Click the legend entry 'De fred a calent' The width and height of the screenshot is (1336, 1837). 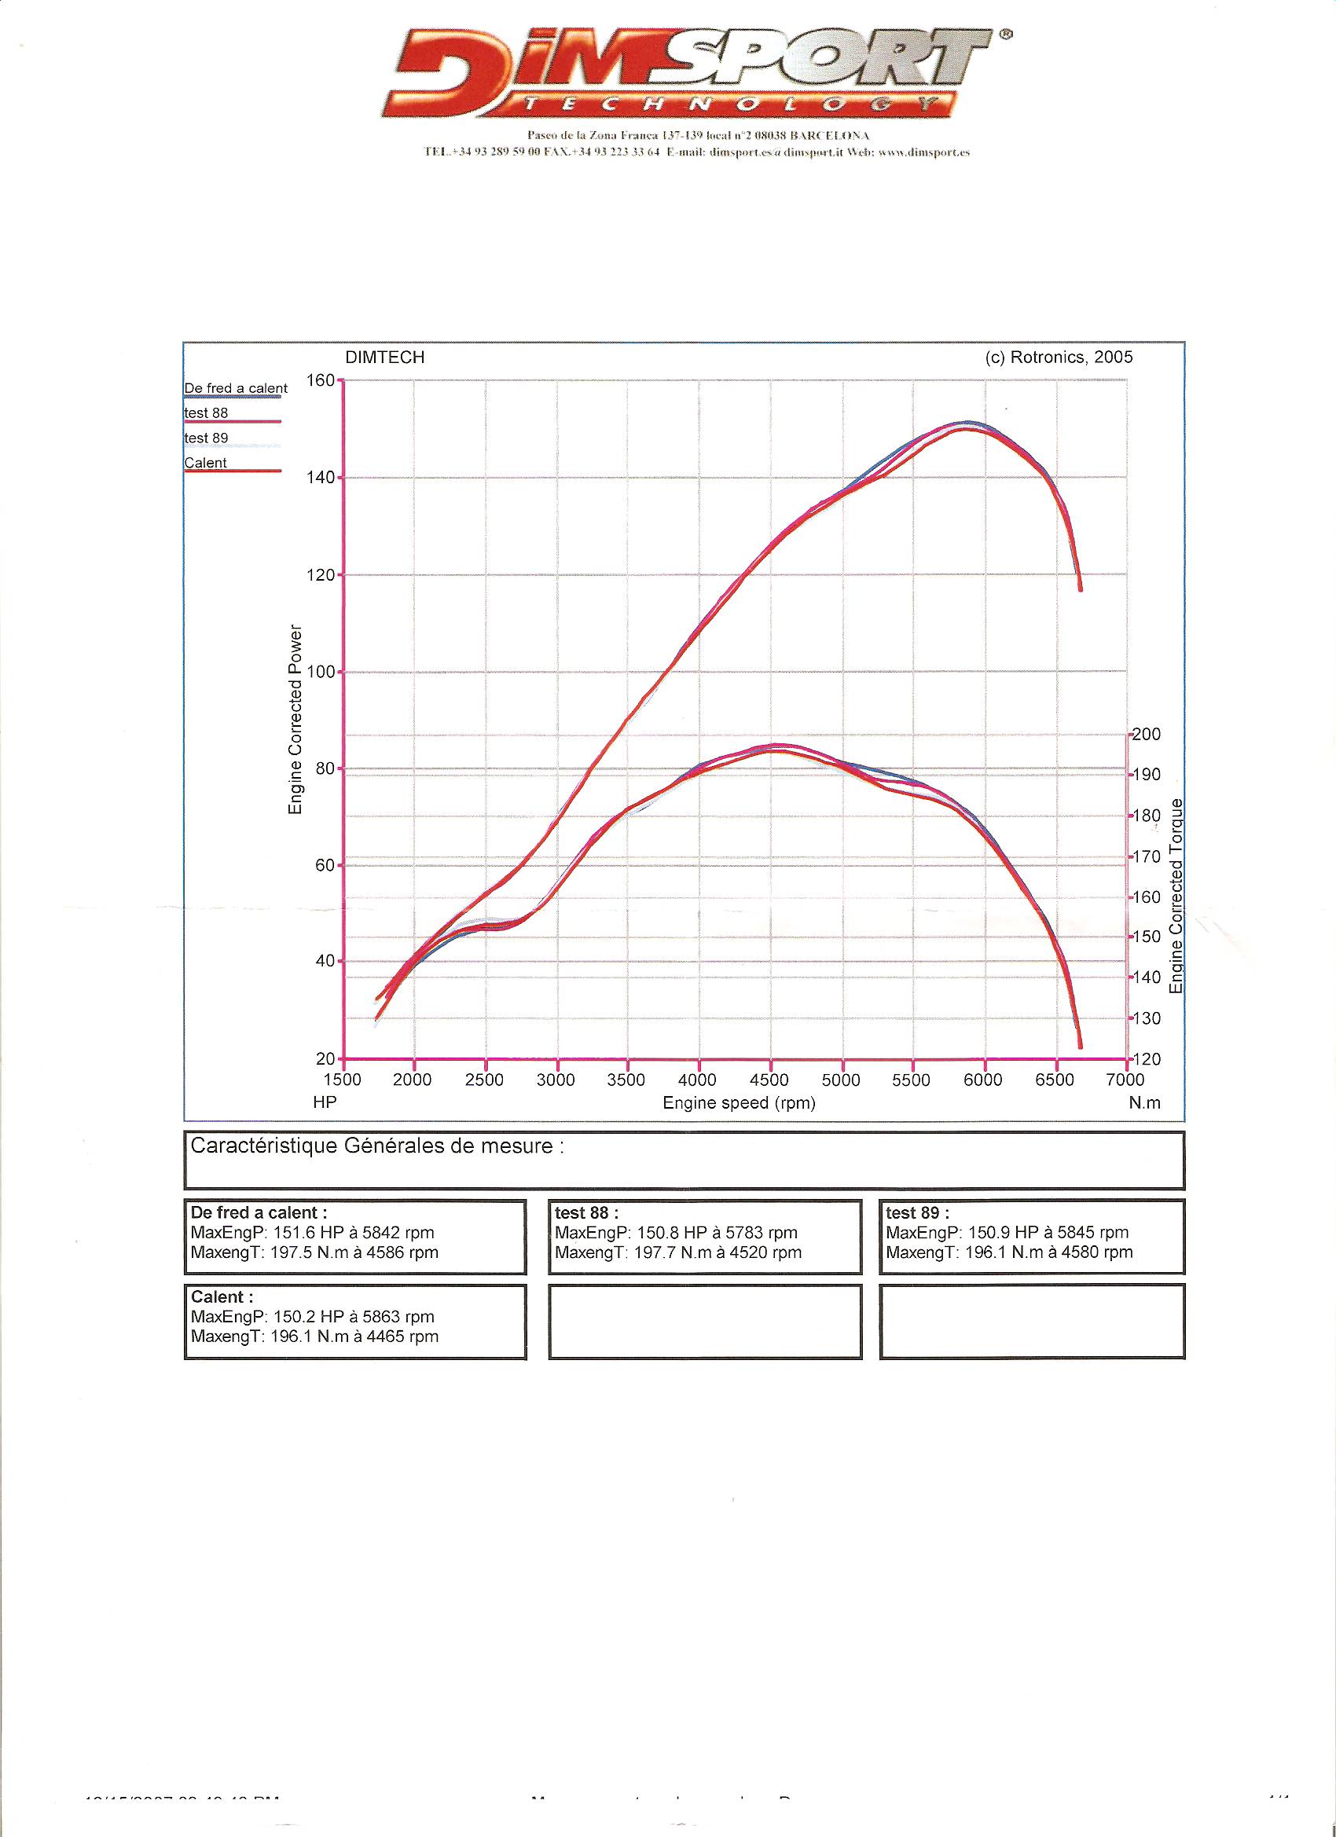click(235, 389)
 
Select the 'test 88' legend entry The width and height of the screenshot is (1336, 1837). click(207, 413)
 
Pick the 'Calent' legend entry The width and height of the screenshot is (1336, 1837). click(206, 464)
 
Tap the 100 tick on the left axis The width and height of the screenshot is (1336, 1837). click(321, 673)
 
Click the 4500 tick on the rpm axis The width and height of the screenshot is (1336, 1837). click(769, 1080)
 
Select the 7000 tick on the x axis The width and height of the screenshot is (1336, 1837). click(1125, 1080)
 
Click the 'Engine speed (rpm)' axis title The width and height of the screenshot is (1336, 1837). click(739, 1103)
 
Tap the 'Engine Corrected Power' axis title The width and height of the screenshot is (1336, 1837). click(295, 719)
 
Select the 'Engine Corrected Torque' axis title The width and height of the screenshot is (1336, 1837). click(1177, 896)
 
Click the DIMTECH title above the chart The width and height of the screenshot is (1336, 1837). click(385, 358)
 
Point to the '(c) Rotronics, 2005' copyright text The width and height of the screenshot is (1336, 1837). click(1059, 358)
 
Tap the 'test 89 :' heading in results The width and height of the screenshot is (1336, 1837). click(917, 1212)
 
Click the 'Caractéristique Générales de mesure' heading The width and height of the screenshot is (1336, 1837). click(376, 1147)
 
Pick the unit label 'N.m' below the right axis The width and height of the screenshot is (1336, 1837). click(1144, 1103)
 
